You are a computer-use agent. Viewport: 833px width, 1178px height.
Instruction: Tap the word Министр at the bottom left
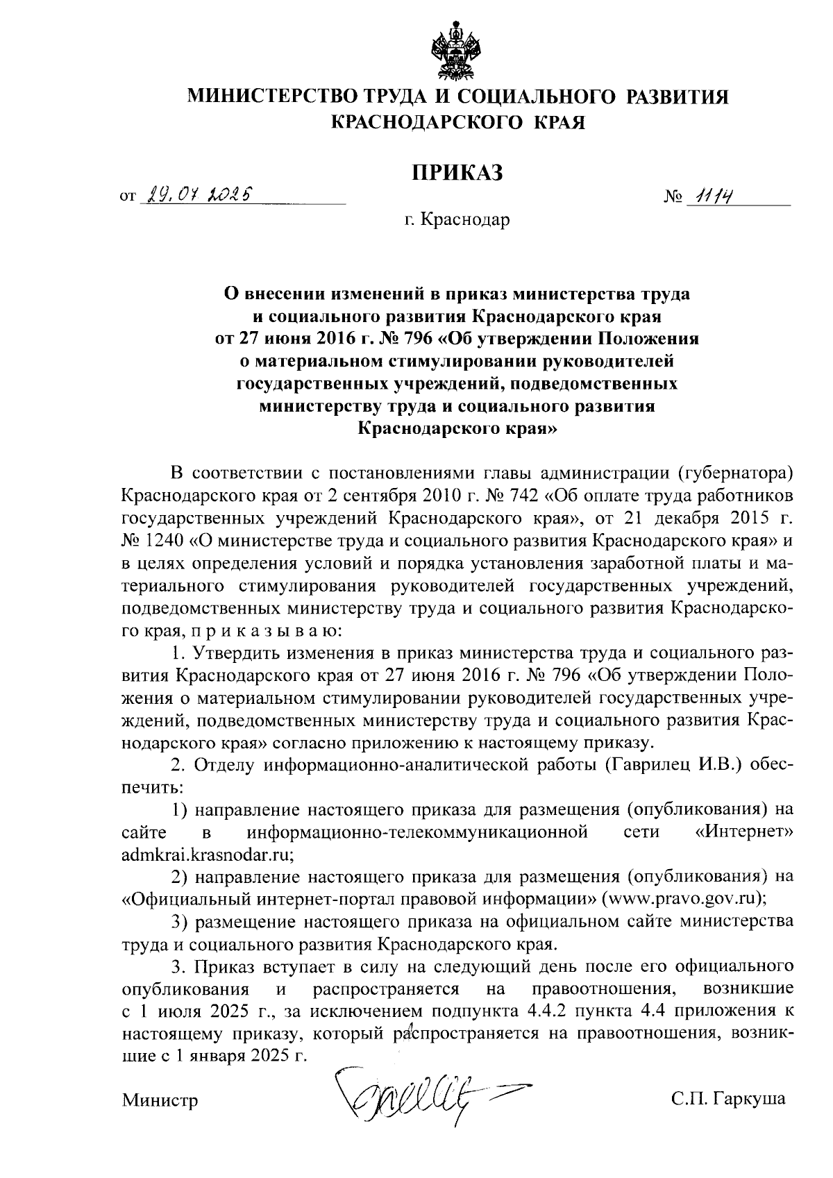(x=160, y=1100)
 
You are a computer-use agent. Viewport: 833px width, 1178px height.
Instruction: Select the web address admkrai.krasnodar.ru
(x=206, y=853)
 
